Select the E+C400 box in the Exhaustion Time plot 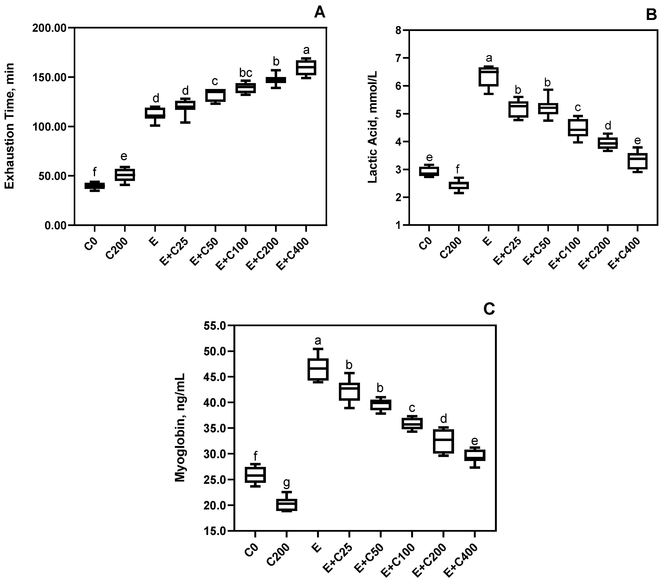pos(306,68)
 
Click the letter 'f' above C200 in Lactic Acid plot pos(458,169)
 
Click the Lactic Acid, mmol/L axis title pos(372,127)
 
